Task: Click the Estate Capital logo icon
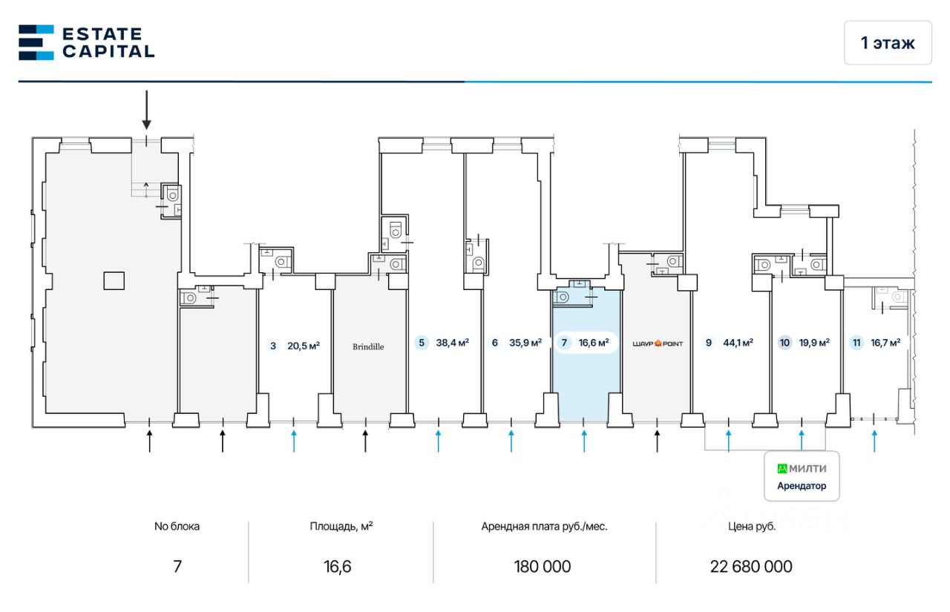point(36,42)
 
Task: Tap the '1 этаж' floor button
point(888,43)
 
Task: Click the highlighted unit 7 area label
point(586,343)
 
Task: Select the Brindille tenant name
point(368,346)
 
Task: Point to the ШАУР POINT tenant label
point(657,343)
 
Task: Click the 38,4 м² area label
point(452,343)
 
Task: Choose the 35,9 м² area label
point(525,343)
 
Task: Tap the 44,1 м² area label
point(738,343)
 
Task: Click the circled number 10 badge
point(785,343)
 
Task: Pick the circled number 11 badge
point(857,343)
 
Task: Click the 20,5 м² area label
point(303,345)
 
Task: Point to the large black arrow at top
point(147,111)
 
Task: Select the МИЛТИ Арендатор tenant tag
point(802,476)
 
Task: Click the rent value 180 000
point(543,567)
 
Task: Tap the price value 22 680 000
point(751,567)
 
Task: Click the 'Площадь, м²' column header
point(341,527)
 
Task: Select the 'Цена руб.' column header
point(752,527)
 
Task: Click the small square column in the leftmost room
point(114,280)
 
